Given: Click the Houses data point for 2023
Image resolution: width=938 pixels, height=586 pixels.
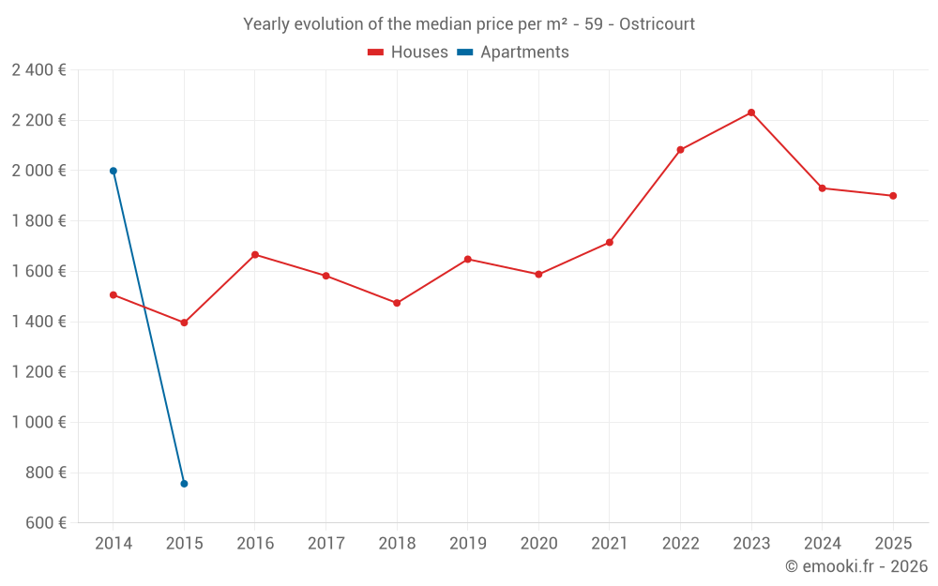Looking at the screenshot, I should [x=751, y=113].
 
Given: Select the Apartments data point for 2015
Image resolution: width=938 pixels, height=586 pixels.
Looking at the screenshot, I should [x=184, y=484].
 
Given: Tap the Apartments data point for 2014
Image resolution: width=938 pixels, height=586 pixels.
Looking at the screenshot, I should [x=113, y=171].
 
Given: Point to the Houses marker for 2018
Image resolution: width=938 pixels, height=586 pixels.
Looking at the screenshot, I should [x=397, y=303].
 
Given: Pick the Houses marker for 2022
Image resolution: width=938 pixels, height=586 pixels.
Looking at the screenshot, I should [x=680, y=150].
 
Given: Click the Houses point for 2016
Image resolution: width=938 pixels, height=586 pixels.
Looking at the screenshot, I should [x=255, y=255].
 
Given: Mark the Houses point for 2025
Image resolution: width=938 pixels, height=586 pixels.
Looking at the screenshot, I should [x=893, y=196].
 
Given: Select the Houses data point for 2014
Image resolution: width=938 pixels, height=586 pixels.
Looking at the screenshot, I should [x=113, y=294].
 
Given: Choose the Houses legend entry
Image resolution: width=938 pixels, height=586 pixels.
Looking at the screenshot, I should [x=408, y=53].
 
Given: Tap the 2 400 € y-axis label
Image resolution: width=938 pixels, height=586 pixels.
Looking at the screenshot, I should [x=38, y=70].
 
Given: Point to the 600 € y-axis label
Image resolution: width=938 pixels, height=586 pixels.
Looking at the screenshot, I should [x=45, y=523].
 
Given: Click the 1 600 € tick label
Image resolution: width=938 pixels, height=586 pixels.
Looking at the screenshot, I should [x=38, y=271].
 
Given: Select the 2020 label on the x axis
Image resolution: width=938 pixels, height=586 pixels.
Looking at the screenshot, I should [x=538, y=544].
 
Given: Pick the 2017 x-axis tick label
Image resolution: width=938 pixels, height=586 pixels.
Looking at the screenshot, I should [x=325, y=544].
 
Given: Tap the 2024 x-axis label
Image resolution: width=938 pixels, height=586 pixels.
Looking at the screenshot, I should [x=822, y=544].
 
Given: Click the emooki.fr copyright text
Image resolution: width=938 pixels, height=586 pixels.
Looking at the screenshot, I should [x=856, y=566].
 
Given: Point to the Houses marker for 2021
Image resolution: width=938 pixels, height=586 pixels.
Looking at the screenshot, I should [x=610, y=243].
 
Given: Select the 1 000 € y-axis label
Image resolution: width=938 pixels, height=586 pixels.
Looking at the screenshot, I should [x=38, y=422].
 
